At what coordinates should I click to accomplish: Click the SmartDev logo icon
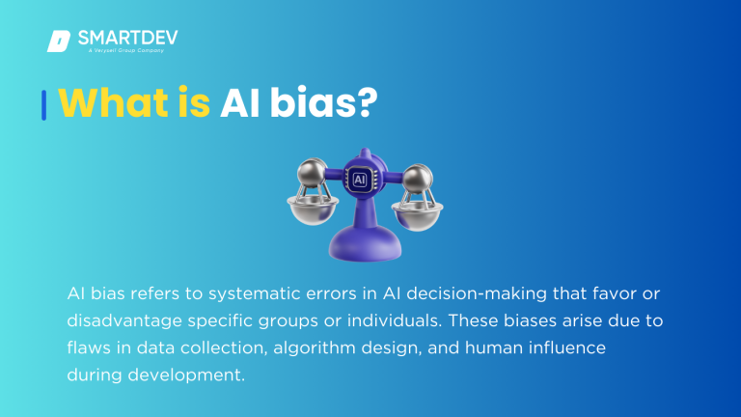58,41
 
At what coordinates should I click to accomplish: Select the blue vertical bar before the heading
43,104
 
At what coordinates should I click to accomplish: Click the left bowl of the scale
311,213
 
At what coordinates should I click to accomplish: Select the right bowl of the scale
417,213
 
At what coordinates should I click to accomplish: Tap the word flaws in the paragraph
88,347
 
